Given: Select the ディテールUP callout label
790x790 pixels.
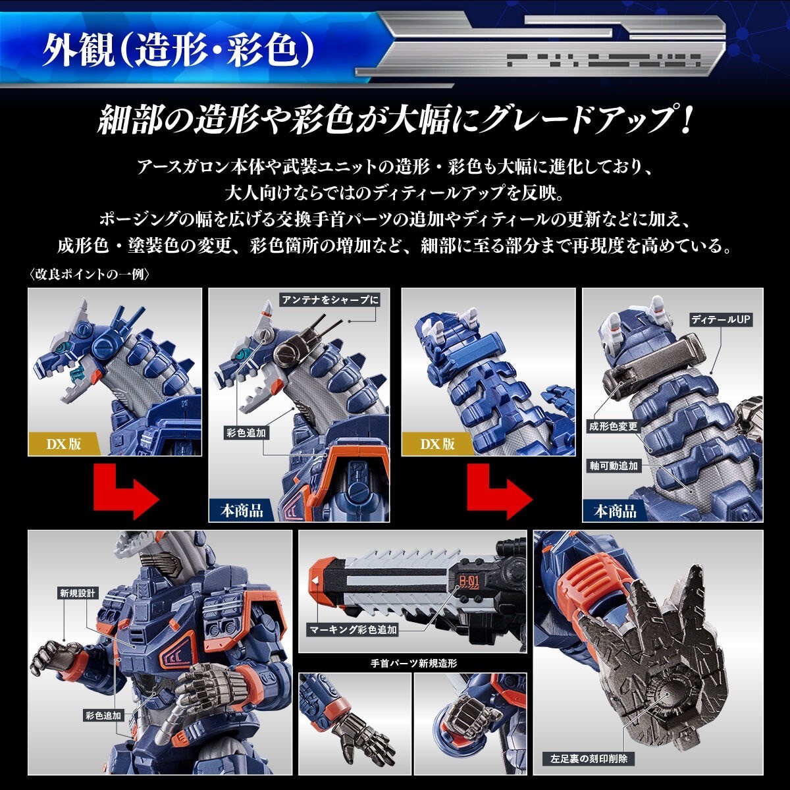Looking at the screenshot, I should [x=720, y=319].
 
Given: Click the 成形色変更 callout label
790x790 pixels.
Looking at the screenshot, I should [x=614, y=427].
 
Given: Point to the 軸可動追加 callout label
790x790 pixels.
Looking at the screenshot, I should [x=614, y=465].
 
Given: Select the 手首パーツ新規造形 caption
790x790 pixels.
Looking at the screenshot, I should [x=413, y=663].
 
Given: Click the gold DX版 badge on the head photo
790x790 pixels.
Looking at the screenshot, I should [x=63, y=444].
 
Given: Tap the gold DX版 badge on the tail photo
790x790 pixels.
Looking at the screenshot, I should [x=438, y=444].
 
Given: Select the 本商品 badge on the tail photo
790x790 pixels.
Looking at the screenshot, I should [x=615, y=510].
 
